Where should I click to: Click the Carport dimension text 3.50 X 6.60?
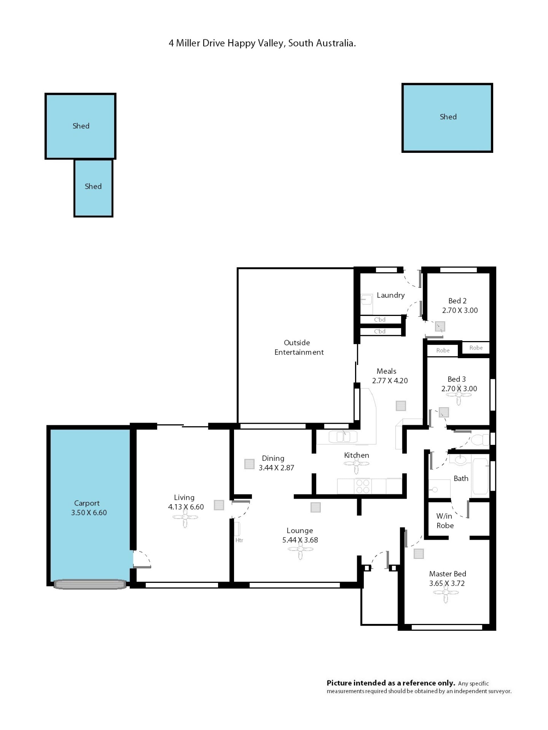click(x=89, y=512)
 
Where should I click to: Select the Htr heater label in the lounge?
click(x=239, y=540)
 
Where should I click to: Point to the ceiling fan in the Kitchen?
click(x=356, y=464)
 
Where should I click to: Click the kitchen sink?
click(x=343, y=437)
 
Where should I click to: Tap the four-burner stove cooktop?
click(x=363, y=486)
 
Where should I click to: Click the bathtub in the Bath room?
click(x=480, y=476)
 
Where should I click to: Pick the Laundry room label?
click(x=390, y=295)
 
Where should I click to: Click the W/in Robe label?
click(x=445, y=520)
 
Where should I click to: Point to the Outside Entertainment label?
click(x=299, y=347)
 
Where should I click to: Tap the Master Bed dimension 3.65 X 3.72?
click(x=447, y=583)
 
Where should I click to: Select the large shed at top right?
click(x=447, y=118)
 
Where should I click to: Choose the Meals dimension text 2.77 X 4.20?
click(x=390, y=380)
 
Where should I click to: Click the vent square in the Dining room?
click(x=249, y=464)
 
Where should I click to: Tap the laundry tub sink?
click(x=366, y=300)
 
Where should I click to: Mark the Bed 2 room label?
click(x=457, y=301)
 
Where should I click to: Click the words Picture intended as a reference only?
click(x=391, y=683)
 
